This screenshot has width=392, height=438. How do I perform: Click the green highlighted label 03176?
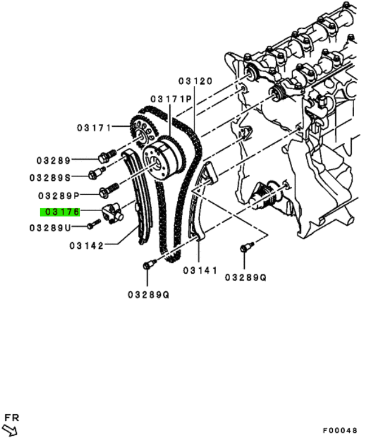pos(60,212)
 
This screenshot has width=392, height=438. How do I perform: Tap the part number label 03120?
pos(196,81)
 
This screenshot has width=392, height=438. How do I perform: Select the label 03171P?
pos(171,99)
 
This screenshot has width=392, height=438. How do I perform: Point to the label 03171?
pos(94,128)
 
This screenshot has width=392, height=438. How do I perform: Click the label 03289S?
pos(50,178)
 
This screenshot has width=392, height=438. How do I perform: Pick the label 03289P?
pos(59,196)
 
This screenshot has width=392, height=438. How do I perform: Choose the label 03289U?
pos(50,228)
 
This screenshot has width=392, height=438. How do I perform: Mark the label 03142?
pos(86,246)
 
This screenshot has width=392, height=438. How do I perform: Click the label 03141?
pos(200,270)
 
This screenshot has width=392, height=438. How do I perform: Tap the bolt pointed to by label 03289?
pos(107,156)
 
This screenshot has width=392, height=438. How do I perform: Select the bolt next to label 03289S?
pos(96,173)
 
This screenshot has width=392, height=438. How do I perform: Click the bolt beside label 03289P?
pos(109,190)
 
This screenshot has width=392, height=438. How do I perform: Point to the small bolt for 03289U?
pos(94,224)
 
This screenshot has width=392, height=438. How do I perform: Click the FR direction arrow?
pos(10,430)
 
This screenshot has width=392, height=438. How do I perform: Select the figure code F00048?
pos(340,430)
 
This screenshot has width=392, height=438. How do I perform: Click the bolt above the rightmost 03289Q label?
pos(246,247)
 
